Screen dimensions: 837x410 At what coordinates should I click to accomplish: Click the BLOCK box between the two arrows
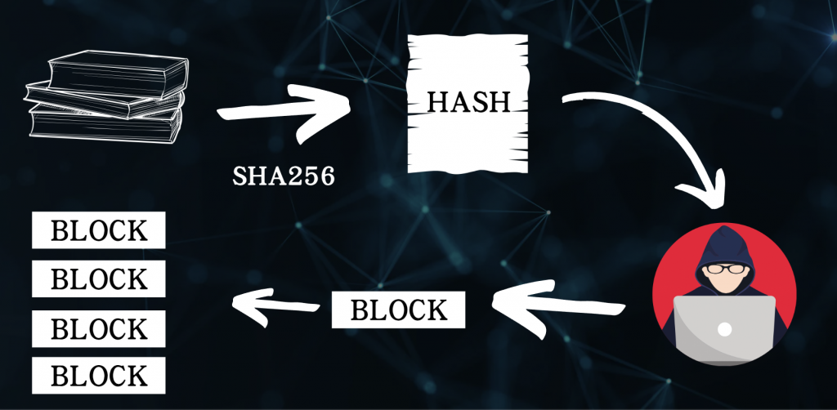(x=399, y=310)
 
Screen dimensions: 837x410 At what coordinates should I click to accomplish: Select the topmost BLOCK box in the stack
(x=99, y=231)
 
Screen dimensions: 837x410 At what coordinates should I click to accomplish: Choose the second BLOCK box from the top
(x=99, y=279)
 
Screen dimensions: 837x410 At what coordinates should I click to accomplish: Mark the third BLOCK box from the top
(x=99, y=328)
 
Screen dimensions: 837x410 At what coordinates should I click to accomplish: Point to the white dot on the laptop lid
(x=724, y=329)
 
